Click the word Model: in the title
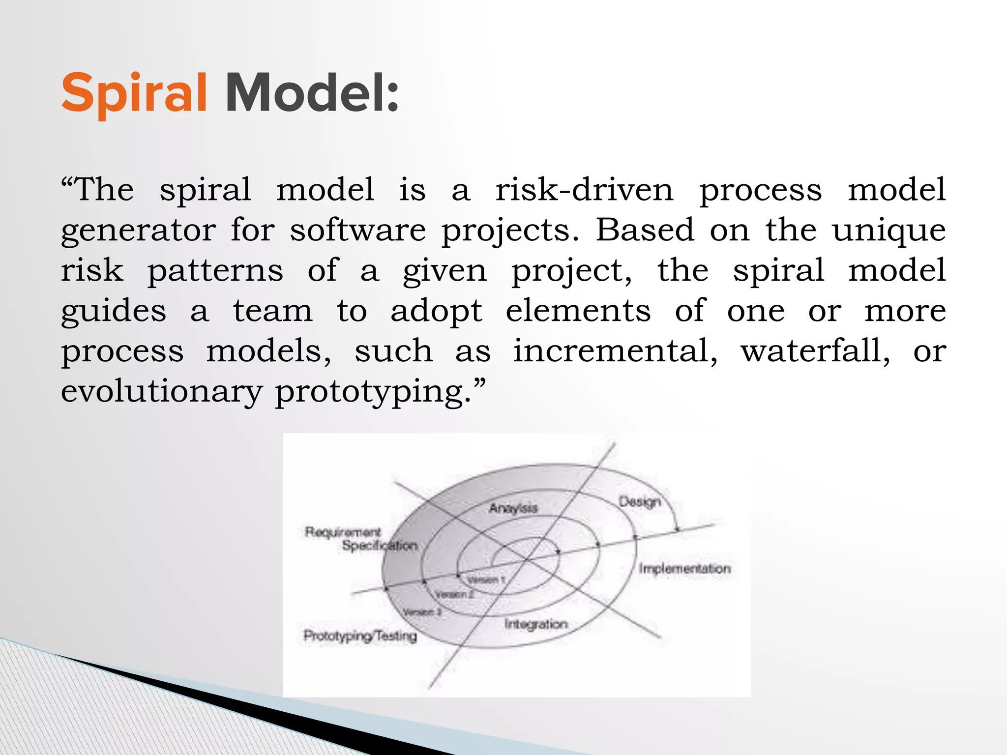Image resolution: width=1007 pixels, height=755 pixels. point(312,93)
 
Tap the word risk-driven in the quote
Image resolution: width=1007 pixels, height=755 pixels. point(584,190)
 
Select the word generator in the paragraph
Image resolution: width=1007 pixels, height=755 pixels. point(138,231)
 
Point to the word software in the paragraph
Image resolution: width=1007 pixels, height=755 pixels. point(357,230)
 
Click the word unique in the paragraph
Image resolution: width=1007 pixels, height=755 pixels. point(889,231)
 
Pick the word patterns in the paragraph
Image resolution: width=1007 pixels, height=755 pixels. point(215,271)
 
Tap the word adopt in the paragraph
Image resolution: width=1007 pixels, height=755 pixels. point(436,312)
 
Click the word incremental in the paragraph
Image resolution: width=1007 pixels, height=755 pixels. point(615,351)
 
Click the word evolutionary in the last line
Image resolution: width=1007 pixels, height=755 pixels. point(162,392)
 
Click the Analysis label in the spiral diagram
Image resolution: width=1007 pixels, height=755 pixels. point(513,508)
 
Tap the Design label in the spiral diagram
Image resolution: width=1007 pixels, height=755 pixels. point(639,502)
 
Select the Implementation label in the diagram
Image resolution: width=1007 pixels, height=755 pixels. point(684,569)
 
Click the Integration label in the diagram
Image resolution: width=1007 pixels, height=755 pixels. point(536,624)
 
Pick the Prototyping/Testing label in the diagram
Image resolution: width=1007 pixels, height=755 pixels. point(360,636)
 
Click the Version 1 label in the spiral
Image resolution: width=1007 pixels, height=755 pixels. point(486,580)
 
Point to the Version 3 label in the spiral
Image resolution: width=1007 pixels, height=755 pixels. point(422,612)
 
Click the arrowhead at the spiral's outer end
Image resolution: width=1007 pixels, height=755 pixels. point(677,529)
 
